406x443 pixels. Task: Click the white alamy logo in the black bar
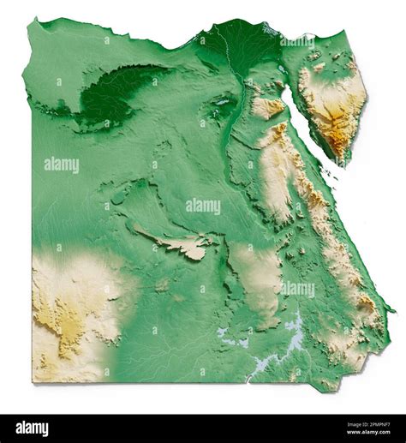point(33,428)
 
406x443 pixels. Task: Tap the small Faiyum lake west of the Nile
point(222,102)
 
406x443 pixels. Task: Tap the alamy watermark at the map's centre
point(203,206)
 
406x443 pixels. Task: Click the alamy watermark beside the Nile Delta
point(296,40)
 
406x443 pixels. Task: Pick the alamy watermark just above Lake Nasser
point(296,289)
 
